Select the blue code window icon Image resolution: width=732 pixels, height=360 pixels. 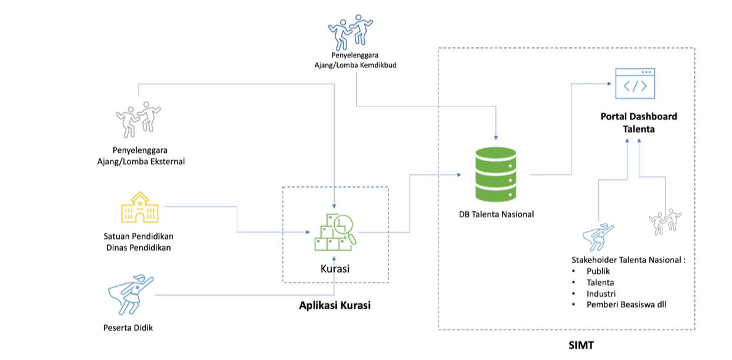[635, 84]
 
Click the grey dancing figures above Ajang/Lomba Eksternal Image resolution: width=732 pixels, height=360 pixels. [139, 118]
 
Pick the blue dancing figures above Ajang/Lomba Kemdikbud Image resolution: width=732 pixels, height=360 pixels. [351, 33]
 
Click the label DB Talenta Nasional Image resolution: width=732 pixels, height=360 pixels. [496, 214]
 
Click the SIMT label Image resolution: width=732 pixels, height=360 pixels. [581, 343]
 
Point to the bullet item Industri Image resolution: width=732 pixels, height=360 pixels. [601, 293]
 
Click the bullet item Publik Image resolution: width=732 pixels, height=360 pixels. [598, 271]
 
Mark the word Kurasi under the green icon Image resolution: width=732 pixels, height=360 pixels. [335, 269]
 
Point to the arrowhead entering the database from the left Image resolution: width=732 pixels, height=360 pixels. [458, 175]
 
